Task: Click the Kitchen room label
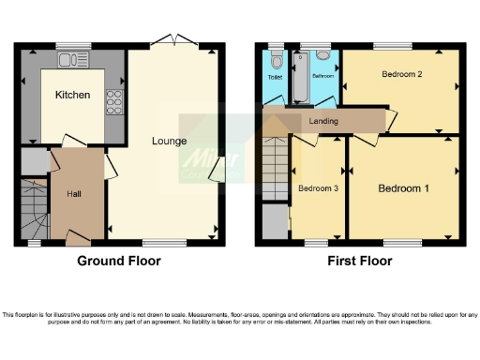coord(72,95)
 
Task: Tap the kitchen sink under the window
coord(70,60)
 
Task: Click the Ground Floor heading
coord(118,261)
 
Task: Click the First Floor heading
coord(358,261)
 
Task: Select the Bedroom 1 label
coord(403,188)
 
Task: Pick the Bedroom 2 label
coord(400,73)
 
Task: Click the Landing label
coord(323,121)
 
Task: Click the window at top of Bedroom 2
coord(392,45)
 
